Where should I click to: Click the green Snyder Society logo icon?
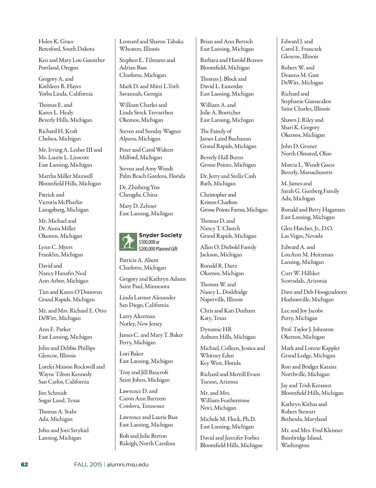128,242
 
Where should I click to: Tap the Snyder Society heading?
160,235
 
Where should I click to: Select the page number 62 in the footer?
24,464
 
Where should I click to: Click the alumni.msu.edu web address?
128,464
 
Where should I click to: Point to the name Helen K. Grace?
56,41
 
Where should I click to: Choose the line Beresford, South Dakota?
66,49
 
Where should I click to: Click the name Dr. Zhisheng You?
140,187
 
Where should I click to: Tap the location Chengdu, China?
138,194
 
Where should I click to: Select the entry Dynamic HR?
216,329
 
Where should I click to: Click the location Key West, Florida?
220,363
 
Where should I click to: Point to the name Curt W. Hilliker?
300,273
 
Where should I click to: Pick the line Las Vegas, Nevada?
302,236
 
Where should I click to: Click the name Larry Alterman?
137,316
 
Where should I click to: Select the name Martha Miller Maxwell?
66,176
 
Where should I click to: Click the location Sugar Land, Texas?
59,400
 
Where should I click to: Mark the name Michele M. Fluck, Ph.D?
228,419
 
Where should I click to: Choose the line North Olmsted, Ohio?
306,153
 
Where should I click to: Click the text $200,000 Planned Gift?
158,249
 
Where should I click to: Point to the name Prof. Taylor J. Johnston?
307,329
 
